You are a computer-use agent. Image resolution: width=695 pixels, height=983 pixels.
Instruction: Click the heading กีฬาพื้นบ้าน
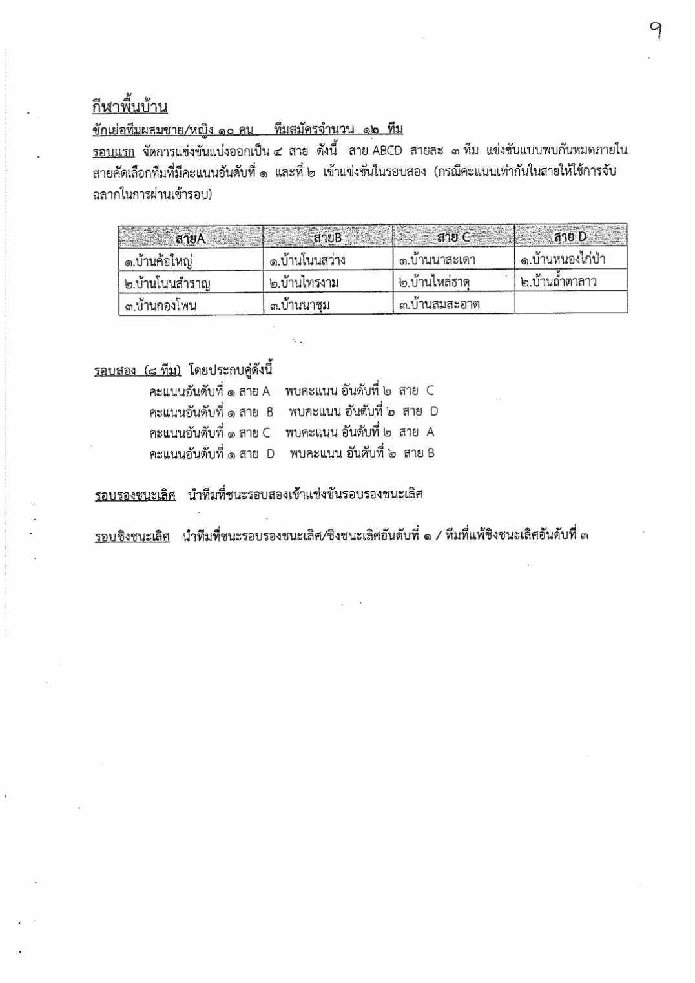coord(130,106)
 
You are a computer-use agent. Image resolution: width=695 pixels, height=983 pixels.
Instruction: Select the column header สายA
coord(190,238)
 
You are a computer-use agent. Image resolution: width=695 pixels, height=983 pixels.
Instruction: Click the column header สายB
coord(327,238)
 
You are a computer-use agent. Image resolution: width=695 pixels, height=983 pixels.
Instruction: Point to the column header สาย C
coord(453,237)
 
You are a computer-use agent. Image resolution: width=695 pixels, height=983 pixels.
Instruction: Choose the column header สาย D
coord(570,237)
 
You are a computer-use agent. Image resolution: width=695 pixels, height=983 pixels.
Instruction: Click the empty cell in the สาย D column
coord(570,303)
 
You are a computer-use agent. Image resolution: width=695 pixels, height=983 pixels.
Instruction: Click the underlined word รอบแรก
coord(114,152)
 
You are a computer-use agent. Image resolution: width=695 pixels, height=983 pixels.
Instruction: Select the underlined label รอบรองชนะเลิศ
coord(135,496)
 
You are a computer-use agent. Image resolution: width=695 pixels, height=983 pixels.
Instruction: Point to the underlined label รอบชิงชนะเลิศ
coord(132,536)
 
